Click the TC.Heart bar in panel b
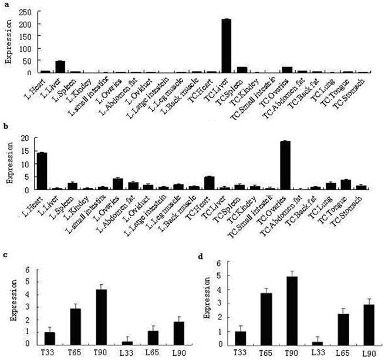(x=210, y=183)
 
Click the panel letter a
(x=4, y=4)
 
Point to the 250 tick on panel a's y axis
(x=26, y=11)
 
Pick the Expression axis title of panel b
(x=8, y=164)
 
